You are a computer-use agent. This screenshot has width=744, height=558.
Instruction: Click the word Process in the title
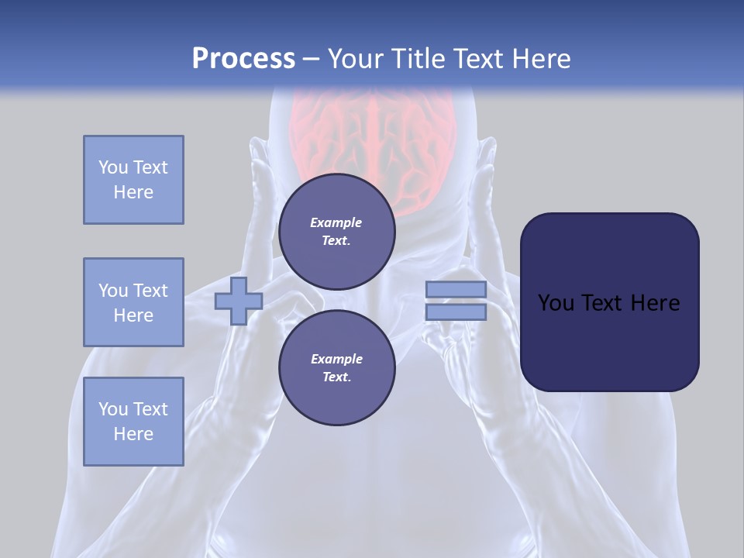[243, 59]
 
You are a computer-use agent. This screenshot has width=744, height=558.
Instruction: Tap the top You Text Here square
[133, 180]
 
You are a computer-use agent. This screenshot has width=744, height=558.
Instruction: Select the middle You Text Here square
[133, 302]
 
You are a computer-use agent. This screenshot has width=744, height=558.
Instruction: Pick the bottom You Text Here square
[133, 421]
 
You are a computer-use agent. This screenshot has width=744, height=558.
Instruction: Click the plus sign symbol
[238, 301]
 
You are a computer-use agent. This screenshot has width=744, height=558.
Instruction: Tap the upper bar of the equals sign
[456, 289]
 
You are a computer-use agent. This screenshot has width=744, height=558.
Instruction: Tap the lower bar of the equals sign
[456, 312]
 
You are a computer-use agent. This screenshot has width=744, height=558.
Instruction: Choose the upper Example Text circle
[336, 232]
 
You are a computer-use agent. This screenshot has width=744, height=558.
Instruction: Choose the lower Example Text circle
[336, 368]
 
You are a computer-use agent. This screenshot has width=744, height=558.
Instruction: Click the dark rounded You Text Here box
[609, 302]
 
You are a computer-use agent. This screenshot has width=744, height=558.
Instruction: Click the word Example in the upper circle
[336, 222]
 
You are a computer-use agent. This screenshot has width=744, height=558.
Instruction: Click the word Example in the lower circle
[336, 359]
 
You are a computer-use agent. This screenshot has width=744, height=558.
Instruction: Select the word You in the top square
[113, 167]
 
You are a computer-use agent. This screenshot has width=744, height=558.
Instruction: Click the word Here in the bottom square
[133, 434]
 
